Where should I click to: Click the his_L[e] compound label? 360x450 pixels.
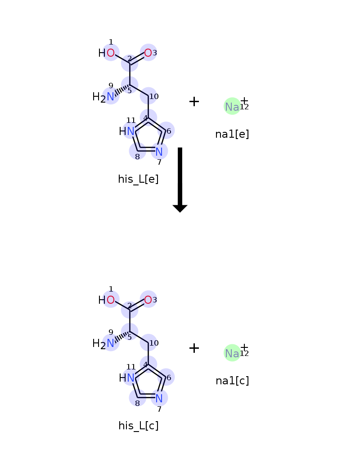tap(138, 179)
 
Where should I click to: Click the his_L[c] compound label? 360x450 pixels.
tap(138, 426)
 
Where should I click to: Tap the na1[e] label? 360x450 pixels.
tap(232, 134)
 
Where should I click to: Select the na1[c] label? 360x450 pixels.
tap(232, 381)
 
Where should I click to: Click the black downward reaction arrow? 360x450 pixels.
tap(180, 180)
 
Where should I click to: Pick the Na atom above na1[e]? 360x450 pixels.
tap(232, 107)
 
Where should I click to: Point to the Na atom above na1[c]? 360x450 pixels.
tap(232, 354)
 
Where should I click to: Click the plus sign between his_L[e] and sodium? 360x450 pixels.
tap(194, 102)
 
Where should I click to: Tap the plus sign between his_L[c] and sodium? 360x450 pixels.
tap(194, 348)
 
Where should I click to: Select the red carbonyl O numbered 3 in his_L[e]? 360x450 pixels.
tap(148, 53)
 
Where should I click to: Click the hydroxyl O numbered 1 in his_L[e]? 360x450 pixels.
tap(111, 53)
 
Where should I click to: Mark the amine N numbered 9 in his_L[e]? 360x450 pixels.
tap(111, 97)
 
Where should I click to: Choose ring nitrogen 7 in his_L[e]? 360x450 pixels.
tap(159, 152)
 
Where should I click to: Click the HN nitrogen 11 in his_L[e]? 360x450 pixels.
tap(130, 131)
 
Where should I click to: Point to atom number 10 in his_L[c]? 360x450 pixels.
tap(148, 342)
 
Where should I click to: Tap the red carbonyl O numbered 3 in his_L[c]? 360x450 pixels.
tap(148, 300)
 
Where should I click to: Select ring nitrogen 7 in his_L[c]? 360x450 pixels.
tap(159, 398)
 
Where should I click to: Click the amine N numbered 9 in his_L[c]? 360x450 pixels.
tap(111, 343)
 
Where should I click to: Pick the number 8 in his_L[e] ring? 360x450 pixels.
tap(138, 157)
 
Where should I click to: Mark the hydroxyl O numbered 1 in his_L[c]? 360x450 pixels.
tap(111, 300)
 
